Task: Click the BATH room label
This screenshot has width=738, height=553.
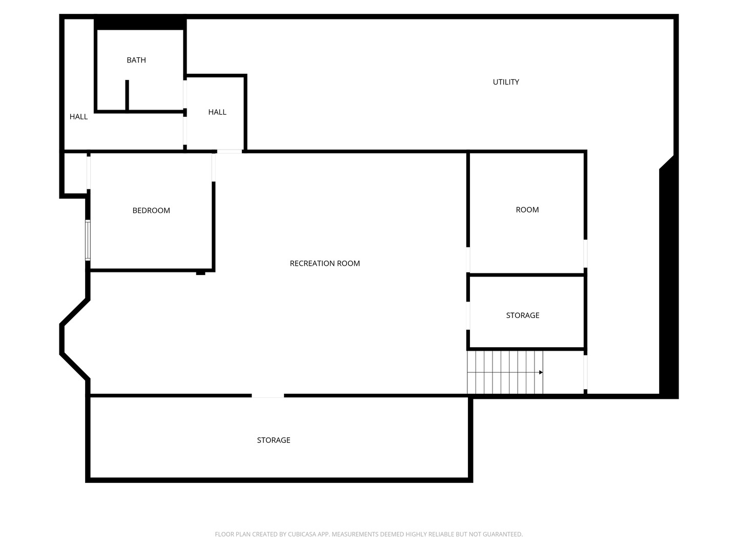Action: (136, 60)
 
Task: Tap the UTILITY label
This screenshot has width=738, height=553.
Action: (506, 82)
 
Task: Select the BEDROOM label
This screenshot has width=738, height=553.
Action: (151, 210)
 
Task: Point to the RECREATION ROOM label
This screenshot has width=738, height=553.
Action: (325, 264)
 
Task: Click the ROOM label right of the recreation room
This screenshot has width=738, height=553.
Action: (527, 210)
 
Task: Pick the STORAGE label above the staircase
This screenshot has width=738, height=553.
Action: (522, 315)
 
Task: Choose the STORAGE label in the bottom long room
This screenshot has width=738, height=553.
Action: (273, 440)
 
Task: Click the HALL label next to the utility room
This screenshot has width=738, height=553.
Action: (217, 112)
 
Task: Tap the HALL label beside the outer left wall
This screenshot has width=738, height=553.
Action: (78, 117)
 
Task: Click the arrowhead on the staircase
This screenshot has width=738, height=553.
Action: (541, 372)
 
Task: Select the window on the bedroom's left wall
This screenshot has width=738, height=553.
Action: (88, 241)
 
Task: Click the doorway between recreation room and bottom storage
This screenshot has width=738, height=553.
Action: (268, 396)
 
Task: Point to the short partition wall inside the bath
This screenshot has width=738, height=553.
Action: (127, 95)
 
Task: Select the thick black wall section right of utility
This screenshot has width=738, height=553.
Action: (668, 277)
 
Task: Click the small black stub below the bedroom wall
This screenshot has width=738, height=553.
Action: (201, 273)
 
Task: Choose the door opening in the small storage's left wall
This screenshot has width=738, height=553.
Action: (468, 316)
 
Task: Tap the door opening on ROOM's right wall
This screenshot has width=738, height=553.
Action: (585, 253)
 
